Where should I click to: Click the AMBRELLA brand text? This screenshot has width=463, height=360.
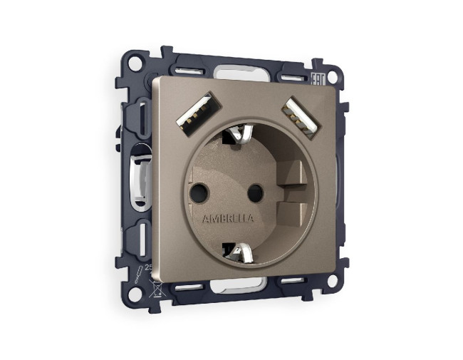228,217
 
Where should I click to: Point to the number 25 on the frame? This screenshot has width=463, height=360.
149,268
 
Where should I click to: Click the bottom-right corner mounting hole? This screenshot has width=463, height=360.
331,279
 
